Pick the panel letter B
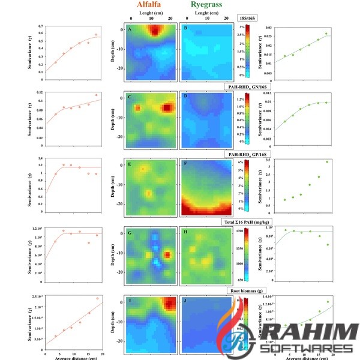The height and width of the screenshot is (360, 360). pos(185,29)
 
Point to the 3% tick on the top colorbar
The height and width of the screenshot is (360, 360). pos(257,28)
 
